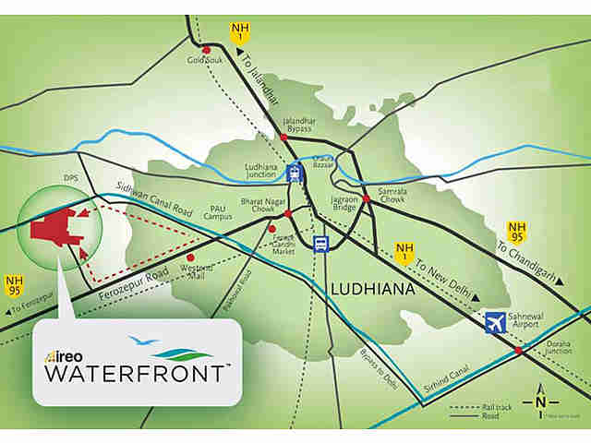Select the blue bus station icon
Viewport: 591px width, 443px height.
click(320, 245)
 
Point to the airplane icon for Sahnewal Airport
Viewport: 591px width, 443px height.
click(495, 323)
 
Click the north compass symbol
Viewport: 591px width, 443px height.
click(540, 402)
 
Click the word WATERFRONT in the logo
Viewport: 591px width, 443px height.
click(135, 374)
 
